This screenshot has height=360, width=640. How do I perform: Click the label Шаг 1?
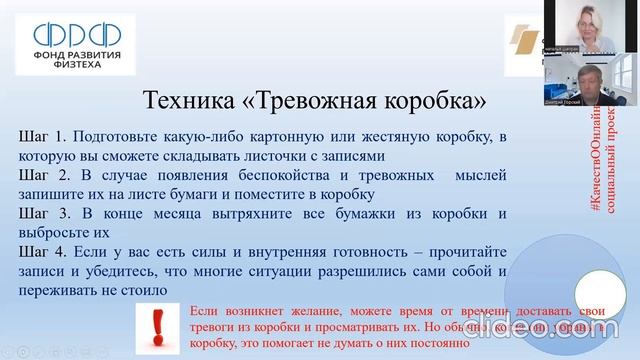click(42, 136)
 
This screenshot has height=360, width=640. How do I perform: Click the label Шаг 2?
click(42, 175)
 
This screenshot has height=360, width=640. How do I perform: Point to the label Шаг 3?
click(42, 214)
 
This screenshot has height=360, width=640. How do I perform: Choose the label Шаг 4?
click(42, 252)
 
